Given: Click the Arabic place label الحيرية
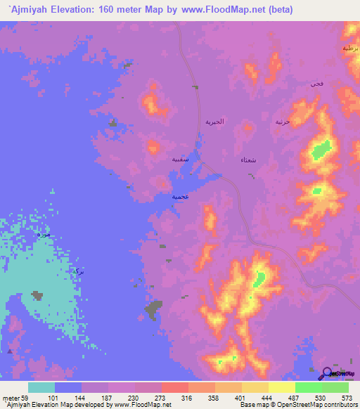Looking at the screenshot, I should pyautogui.click(x=214, y=122).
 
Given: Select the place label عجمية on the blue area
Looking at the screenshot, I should pyautogui.click(x=181, y=197).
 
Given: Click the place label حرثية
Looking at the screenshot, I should pyautogui.click(x=283, y=122).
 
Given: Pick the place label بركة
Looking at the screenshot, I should pyautogui.click(x=77, y=271).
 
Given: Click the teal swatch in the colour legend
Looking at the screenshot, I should pyautogui.click(x=41, y=387).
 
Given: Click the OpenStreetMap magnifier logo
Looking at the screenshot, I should pyautogui.click(x=327, y=375).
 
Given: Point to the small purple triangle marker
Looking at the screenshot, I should pyautogui.click(x=10, y=350).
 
